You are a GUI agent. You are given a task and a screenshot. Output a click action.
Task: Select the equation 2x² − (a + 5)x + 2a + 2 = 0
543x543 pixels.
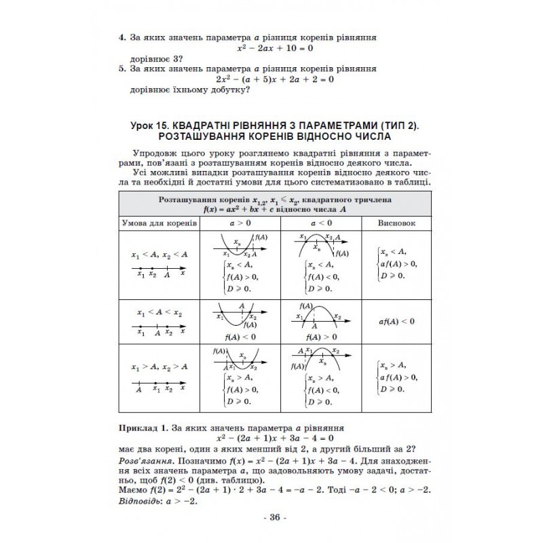(276, 79)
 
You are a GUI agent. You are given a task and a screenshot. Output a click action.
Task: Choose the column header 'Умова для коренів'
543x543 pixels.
(159, 223)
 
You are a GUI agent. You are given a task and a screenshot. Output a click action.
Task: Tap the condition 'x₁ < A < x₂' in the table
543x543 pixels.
(159, 314)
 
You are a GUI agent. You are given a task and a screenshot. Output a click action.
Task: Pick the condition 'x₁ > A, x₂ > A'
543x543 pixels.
(159, 367)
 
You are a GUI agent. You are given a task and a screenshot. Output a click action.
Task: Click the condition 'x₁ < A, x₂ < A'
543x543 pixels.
(159, 255)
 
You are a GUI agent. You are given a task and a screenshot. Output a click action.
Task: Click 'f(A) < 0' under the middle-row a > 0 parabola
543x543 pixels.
(239, 336)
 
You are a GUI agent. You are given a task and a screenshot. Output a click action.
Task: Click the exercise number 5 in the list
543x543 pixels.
(120, 69)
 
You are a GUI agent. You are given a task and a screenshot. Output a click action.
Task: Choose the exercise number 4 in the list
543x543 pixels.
(120, 38)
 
